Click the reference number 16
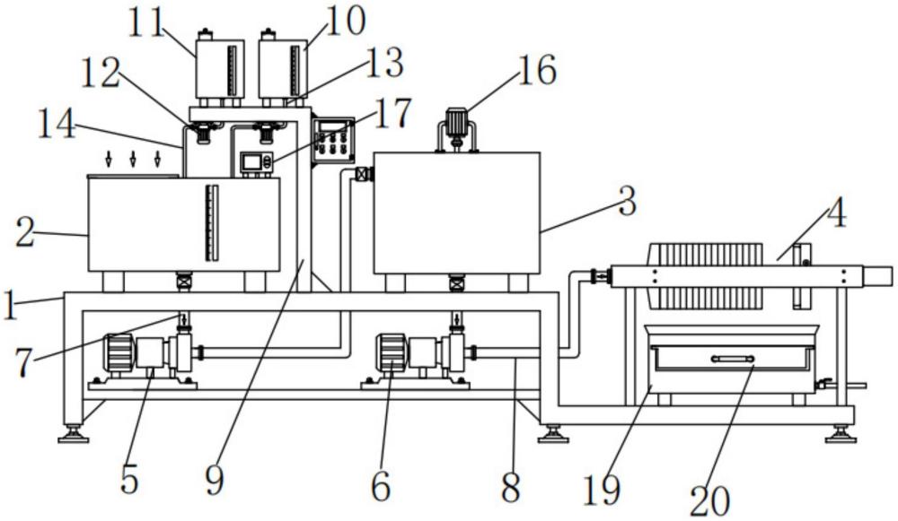[537, 70]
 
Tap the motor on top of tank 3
[457, 122]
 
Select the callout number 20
[709, 501]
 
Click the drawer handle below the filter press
[732, 359]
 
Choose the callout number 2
[24, 234]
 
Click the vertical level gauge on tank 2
[212, 223]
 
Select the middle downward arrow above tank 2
[132, 159]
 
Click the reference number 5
[129, 479]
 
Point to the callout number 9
[215, 482]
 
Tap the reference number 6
[381, 486]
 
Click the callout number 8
[510, 486]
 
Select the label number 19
[601, 490]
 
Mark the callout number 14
[56, 124]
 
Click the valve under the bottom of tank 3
[456, 283]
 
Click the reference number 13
[384, 63]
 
